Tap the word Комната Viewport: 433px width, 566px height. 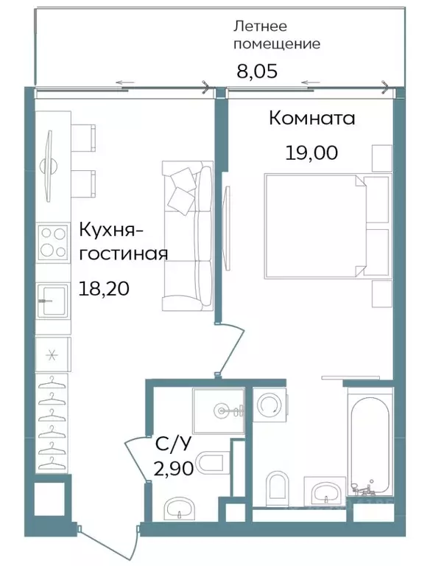[x=311, y=118]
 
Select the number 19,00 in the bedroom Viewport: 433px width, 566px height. [x=311, y=153]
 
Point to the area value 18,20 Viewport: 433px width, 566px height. [x=104, y=288]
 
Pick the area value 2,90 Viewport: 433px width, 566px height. [x=173, y=469]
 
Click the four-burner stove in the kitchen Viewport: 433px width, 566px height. [x=52, y=242]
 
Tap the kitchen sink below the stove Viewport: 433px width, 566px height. [x=52, y=296]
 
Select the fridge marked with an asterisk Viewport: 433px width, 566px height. [x=52, y=354]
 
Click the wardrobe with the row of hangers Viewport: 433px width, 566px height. [x=52, y=424]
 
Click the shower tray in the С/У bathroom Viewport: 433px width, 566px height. [x=219, y=410]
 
